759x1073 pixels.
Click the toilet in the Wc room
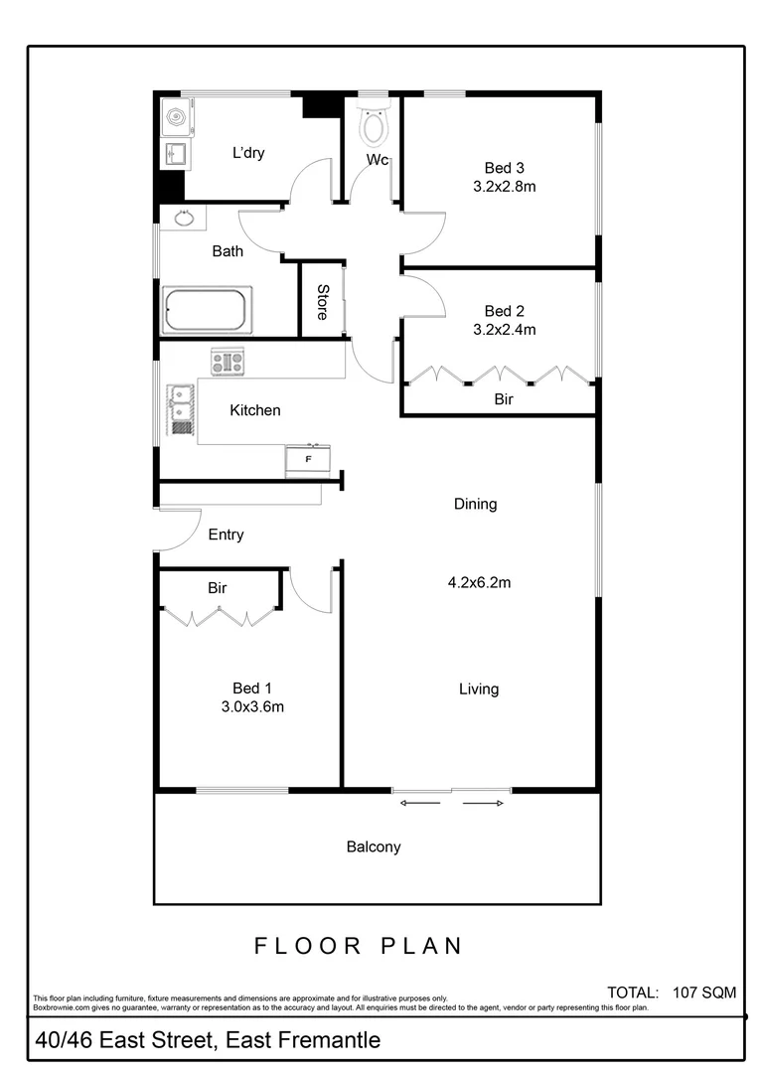(x=374, y=125)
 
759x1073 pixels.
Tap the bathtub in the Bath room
(x=207, y=311)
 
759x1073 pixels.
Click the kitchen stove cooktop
(x=227, y=363)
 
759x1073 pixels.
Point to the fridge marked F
(x=307, y=460)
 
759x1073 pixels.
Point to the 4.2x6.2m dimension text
(x=479, y=583)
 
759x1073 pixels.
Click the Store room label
(x=323, y=301)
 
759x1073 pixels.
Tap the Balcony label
(x=374, y=847)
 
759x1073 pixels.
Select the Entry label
(x=226, y=535)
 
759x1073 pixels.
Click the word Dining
(x=475, y=504)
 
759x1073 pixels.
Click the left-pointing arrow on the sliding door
(x=418, y=803)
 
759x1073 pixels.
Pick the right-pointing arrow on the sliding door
(x=484, y=803)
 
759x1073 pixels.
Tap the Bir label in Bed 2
(x=504, y=399)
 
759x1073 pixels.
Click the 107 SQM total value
(x=703, y=992)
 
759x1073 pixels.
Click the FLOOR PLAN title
(x=359, y=945)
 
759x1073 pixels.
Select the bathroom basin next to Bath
(x=183, y=218)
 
